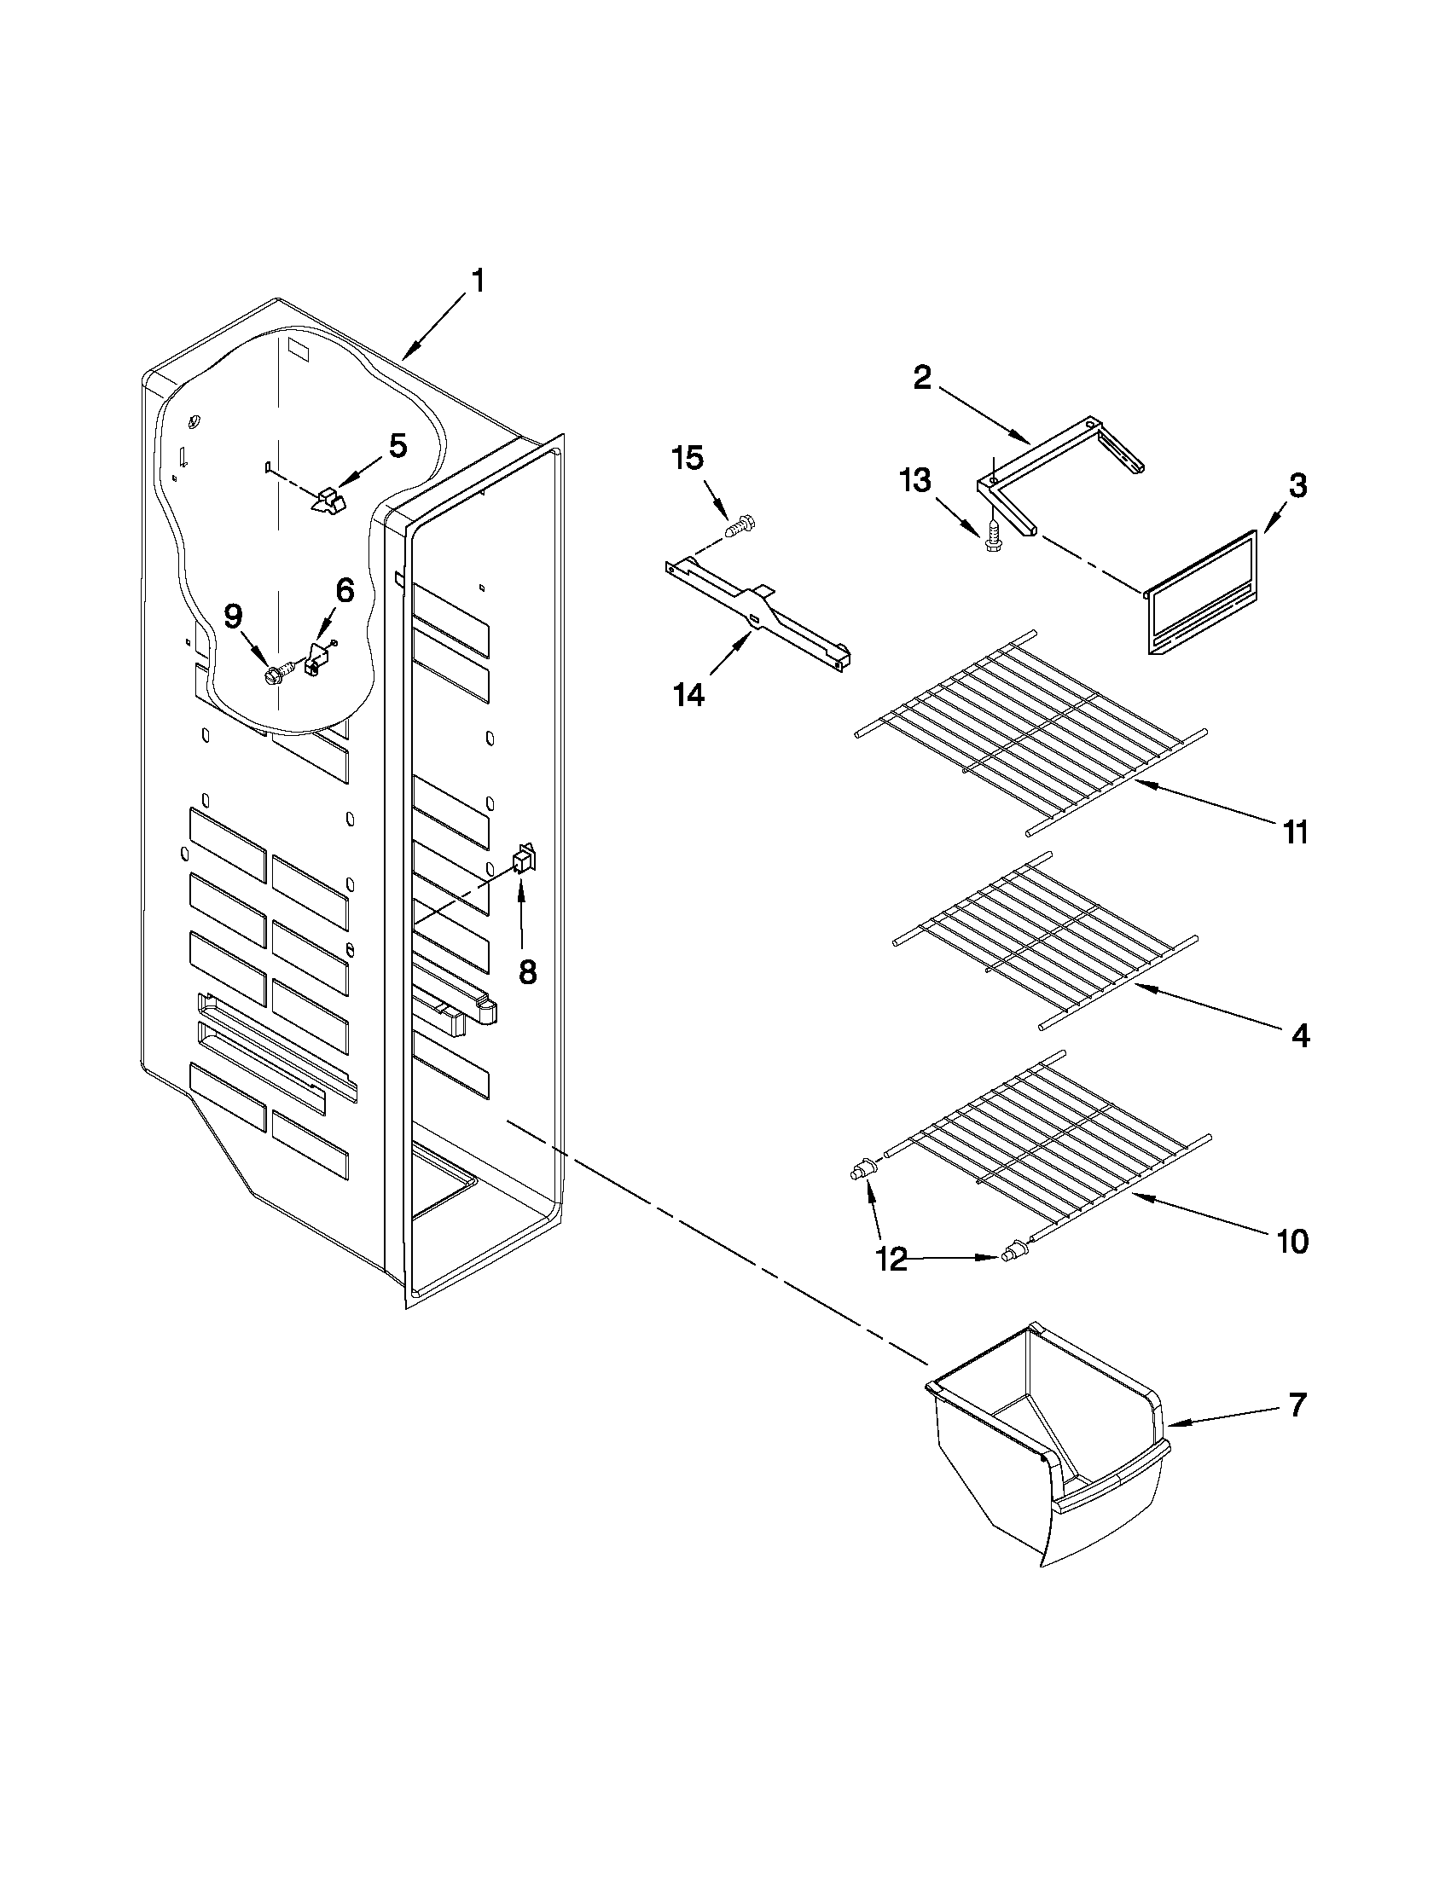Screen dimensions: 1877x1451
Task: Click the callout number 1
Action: pos(478,281)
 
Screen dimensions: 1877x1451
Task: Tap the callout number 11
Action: pos(1296,832)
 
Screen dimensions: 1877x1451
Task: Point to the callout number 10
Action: pos(1293,1241)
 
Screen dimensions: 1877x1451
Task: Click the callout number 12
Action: pos(893,1260)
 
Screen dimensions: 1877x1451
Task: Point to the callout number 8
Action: pos(527,972)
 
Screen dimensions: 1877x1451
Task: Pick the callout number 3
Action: pos(1298,486)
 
